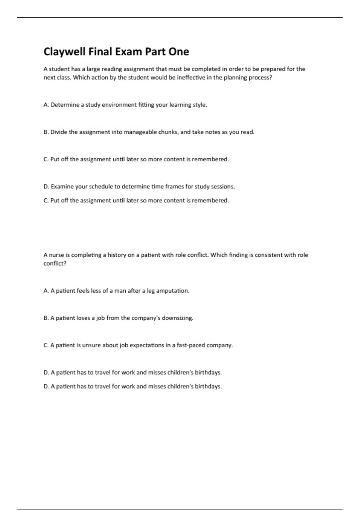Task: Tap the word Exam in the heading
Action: tap(128, 52)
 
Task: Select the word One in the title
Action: tap(178, 52)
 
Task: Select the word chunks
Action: tap(169, 132)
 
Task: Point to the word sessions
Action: tap(223, 187)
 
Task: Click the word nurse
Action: tap(56, 255)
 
